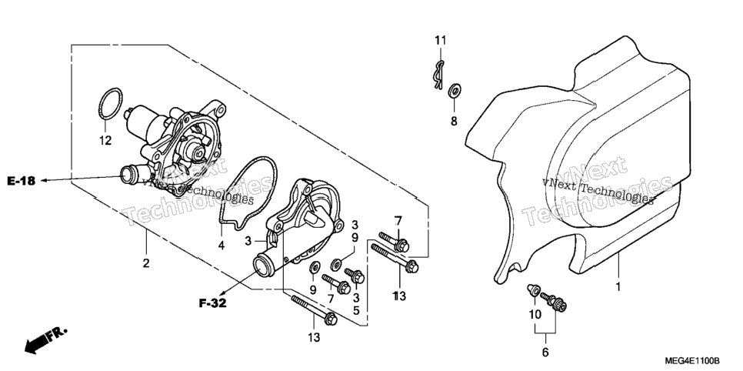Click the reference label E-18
22,181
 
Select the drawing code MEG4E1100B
692,361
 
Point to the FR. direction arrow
45,339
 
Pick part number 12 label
105,140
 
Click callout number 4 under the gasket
222,246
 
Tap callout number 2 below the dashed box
146,262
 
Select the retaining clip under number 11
438,75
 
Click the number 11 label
441,40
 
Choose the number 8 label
454,122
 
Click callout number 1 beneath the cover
618,286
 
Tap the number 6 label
545,353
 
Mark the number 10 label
535,314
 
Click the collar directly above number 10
534,289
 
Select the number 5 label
356,311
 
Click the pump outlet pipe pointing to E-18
132,174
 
